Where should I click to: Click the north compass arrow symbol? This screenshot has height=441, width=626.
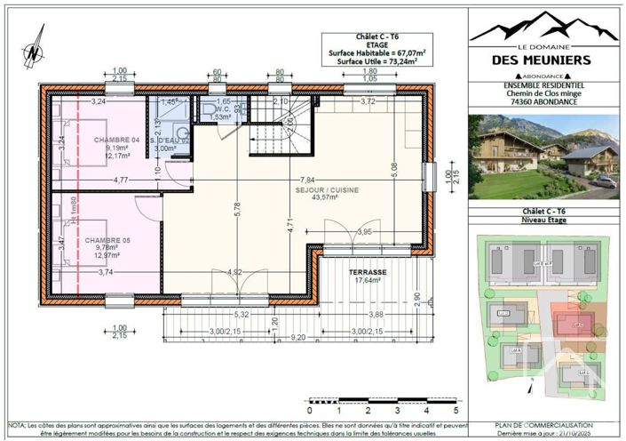click(33, 48)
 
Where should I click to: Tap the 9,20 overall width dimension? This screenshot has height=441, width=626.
click(297, 337)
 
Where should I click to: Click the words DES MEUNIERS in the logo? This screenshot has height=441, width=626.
click(543, 60)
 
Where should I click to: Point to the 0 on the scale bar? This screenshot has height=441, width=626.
click(309, 410)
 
